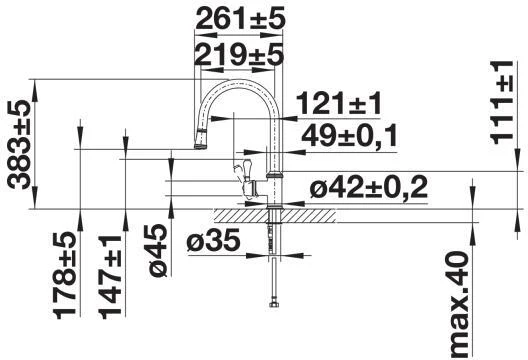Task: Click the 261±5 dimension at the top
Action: [237, 18]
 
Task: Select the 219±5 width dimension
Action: [237, 56]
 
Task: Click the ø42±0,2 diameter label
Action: [368, 187]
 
